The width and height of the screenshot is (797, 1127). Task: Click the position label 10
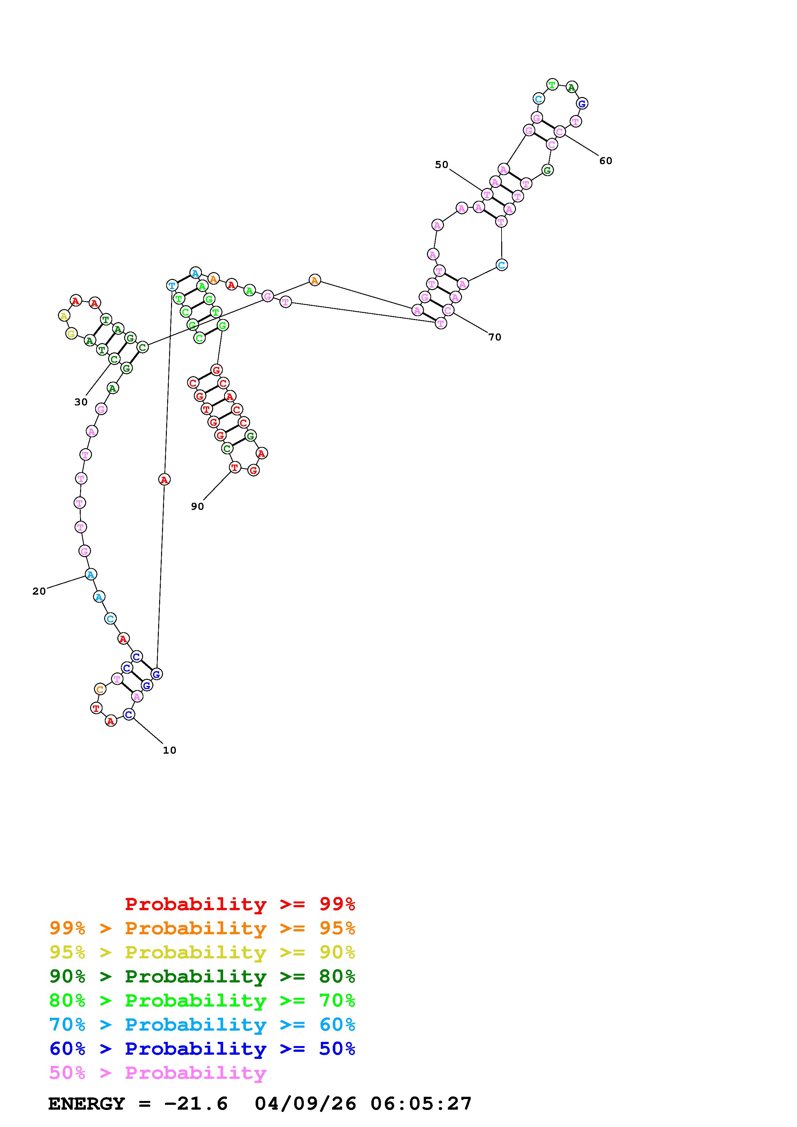[169, 750]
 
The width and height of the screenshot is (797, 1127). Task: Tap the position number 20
[39, 591]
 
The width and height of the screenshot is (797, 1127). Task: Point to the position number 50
[441, 165]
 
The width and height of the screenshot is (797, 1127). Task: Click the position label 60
[605, 161]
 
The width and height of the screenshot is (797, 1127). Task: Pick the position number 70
[494, 337]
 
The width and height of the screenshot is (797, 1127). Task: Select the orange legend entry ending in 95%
[202, 928]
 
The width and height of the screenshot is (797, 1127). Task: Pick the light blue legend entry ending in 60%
[202, 1025]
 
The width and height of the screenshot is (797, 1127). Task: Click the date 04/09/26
[305, 1104]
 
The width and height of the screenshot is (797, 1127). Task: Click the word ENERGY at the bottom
[86, 1104]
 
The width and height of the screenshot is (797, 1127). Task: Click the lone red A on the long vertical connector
[165, 480]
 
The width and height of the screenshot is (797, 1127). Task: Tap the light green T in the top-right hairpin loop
[552, 84]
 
